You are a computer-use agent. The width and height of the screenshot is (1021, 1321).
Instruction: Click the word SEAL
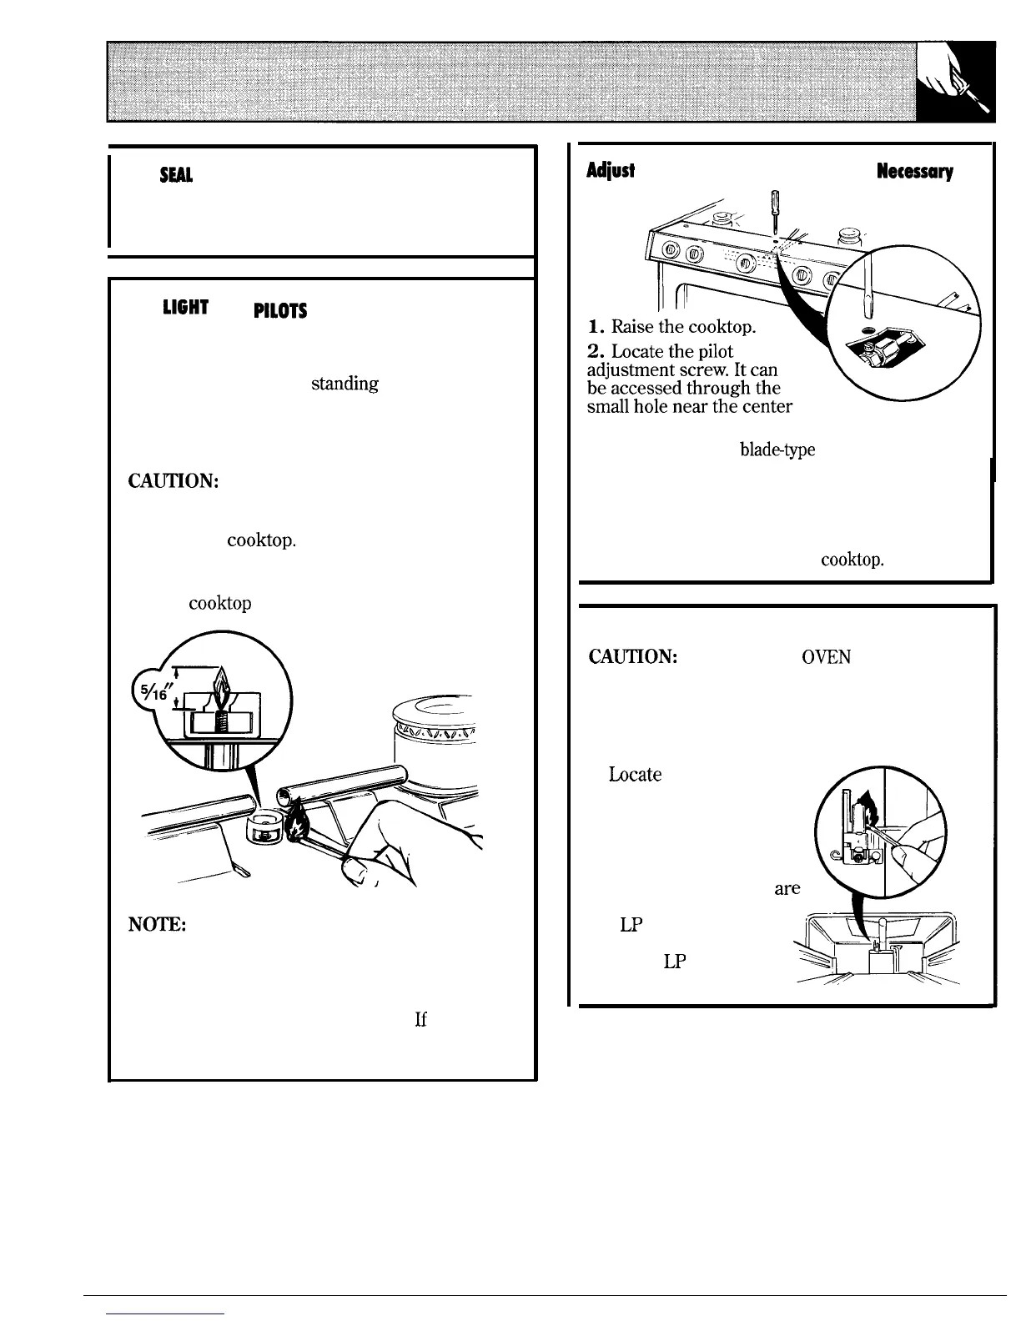179,176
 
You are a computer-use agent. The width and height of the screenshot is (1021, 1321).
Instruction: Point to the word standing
345,384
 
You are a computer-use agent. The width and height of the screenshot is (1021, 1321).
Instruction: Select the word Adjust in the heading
611,171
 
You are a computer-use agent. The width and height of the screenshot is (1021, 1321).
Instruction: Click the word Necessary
914,171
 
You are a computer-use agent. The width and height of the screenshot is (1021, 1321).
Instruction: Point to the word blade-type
777,450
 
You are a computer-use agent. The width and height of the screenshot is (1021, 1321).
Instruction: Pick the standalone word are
787,889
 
